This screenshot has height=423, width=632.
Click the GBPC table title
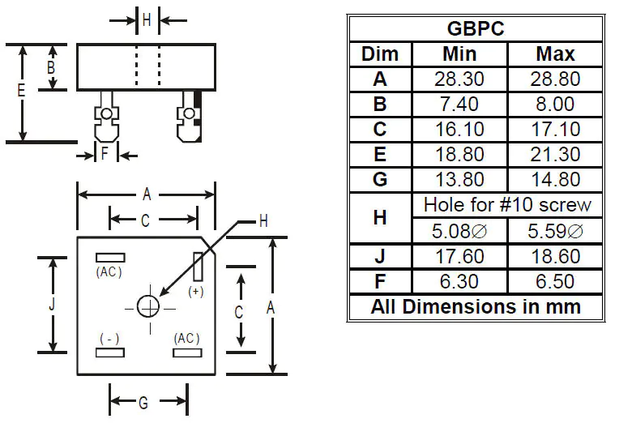pos(476,28)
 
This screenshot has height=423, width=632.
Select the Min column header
pos(459,54)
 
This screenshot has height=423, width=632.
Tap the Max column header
pos(555,54)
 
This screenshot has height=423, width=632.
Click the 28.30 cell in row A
pos(459,79)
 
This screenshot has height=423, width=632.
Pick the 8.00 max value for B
pos(555,105)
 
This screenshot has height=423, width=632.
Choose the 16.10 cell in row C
pos(459,130)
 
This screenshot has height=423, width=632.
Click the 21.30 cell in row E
pos(555,155)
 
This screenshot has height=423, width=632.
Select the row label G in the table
pos(380,180)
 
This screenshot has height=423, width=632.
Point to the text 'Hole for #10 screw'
pos(507,205)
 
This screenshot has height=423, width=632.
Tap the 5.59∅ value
pos(555,231)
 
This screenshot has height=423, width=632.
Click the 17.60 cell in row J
pos(459,256)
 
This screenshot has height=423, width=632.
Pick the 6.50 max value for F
pos(555,281)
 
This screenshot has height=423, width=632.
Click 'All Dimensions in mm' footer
pos(476,307)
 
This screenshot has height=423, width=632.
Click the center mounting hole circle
pos(148,306)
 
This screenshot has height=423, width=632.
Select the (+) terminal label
pos(195,290)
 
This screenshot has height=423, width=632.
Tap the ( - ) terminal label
pos(109,337)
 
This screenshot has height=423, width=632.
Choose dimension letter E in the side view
pos(22,92)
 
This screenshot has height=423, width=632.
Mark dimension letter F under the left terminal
pos(105,153)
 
